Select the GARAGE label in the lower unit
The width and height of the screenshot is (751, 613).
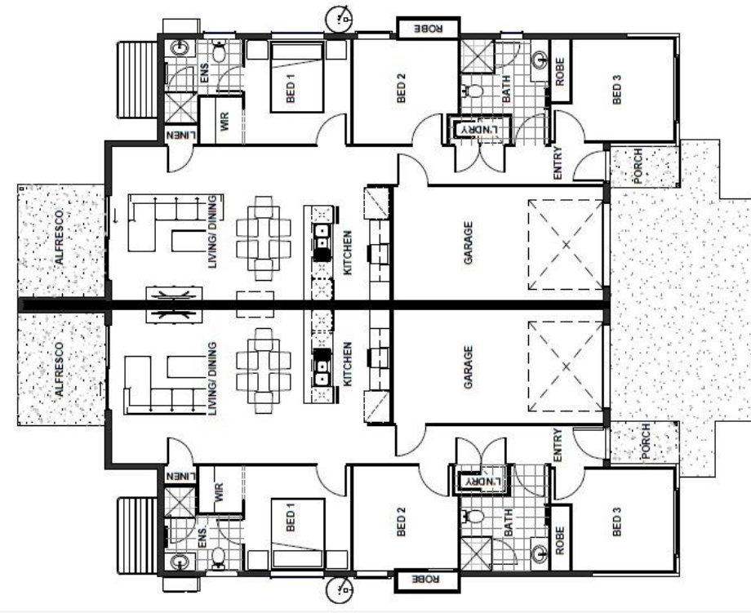coord(469,367)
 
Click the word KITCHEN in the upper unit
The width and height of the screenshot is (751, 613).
coord(348,253)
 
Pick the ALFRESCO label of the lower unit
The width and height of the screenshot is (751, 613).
coord(59,369)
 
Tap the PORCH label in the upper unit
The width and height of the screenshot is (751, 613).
coord(638,167)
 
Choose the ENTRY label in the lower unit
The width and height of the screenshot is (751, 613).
coord(558,446)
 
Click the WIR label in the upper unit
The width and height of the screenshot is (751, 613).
coord(224,121)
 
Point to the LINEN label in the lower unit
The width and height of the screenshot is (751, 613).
coord(180,477)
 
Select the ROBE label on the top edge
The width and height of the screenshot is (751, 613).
coord(429,29)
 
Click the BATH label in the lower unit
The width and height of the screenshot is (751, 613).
coord(509,522)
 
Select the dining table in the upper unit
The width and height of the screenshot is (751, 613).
coord(264,238)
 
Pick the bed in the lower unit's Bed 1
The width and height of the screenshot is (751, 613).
coord(297,533)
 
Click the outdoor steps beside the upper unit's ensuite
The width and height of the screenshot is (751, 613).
coord(137,80)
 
